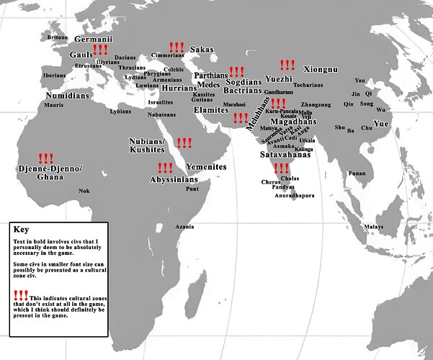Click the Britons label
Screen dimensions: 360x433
point(57,37)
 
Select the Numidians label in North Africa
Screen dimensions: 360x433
point(66,95)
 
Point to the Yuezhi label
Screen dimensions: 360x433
point(278,78)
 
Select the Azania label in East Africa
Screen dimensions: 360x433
point(184,227)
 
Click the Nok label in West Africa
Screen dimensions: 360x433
point(84,191)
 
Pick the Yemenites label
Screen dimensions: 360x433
point(207,167)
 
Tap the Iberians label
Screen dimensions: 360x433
point(54,75)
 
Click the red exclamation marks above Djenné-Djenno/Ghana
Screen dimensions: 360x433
point(45,158)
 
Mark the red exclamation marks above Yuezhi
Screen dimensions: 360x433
point(287,65)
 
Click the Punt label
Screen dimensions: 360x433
point(192,189)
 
